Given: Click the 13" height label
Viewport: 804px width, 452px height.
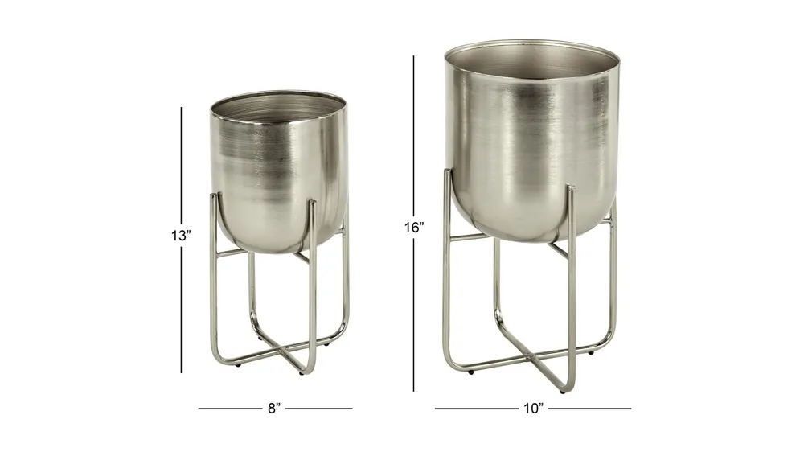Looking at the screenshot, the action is coord(181,236).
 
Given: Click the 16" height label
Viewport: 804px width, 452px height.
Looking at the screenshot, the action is coord(414,228).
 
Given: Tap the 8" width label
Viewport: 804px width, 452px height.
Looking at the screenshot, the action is coord(275,409).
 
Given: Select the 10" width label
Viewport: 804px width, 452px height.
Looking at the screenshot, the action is coord(533,409).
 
